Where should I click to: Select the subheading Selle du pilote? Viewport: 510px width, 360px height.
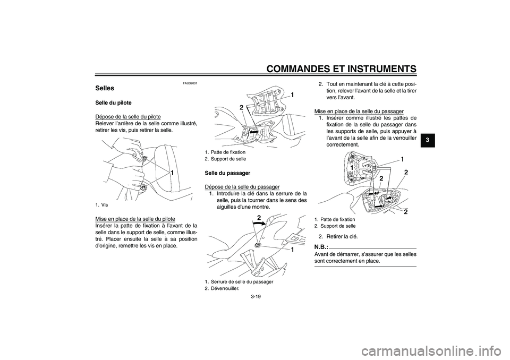[x=113, y=102]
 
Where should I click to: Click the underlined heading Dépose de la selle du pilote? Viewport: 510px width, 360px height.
[x=127, y=116]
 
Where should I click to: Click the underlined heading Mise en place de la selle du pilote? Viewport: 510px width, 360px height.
[x=135, y=218]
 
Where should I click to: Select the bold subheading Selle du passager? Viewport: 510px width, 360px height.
[x=227, y=173]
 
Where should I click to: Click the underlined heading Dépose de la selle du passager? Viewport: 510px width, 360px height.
[x=242, y=186]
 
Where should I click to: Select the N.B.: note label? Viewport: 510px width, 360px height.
[x=321, y=247]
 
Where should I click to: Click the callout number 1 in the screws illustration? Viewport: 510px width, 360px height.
[x=173, y=173]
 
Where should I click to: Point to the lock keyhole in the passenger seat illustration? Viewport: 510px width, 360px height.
[x=258, y=245]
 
